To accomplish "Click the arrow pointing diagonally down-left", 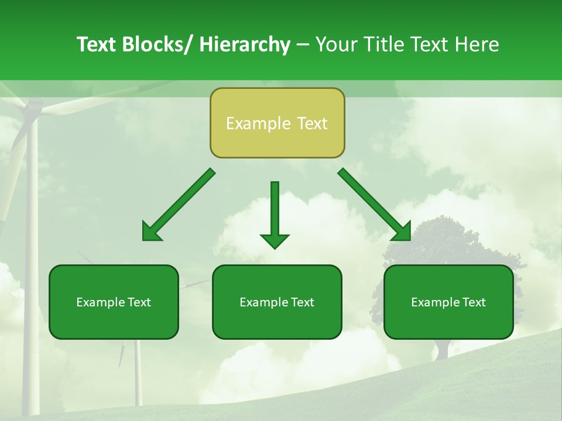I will click(x=179, y=205).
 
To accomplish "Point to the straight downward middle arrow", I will click(x=275, y=210).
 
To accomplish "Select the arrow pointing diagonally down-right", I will click(x=375, y=205).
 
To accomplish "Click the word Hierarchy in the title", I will click(x=245, y=44).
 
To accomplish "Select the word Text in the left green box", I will click(x=140, y=302).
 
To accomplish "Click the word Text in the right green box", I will click(x=474, y=302).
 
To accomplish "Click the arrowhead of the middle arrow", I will click(x=275, y=240).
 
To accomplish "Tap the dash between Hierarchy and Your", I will click(x=303, y=45).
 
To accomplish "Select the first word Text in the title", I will click(x=97, y=44).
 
